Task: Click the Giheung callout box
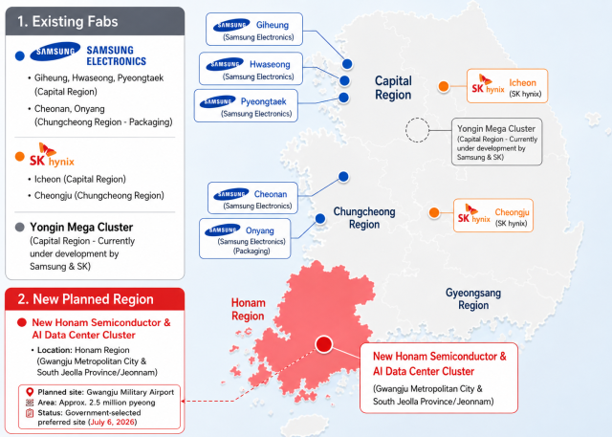click(x=254, y=30)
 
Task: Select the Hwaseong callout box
click(x=251, y=69)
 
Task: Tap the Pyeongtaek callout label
click(x=246, y=106)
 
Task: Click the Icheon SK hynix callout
click(x=507, y=86)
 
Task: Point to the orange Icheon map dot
click(x=444, y=86)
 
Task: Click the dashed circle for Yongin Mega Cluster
click(x=417, y=119)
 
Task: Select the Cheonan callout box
click(x=252, y=198)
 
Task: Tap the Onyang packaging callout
click(x=245, y=238)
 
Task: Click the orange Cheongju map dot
click(x=434, y=212)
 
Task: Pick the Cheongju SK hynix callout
click(x=493, y=215)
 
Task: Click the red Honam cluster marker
click(x=324, y=344)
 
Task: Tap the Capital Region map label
click(x=393, y=88)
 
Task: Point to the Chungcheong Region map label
click(x=364, y=218)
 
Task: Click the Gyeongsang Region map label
click(x=473, y=299)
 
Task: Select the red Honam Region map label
click(x=249, y=309)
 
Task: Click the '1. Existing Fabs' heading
click(x=68, y=21)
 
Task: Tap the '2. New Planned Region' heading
click(x=85, y=299)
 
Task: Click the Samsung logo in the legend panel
click(x=55, y=52)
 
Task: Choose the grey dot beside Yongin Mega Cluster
click(x=19, y=227)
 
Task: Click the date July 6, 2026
click(x=113, y=422)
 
